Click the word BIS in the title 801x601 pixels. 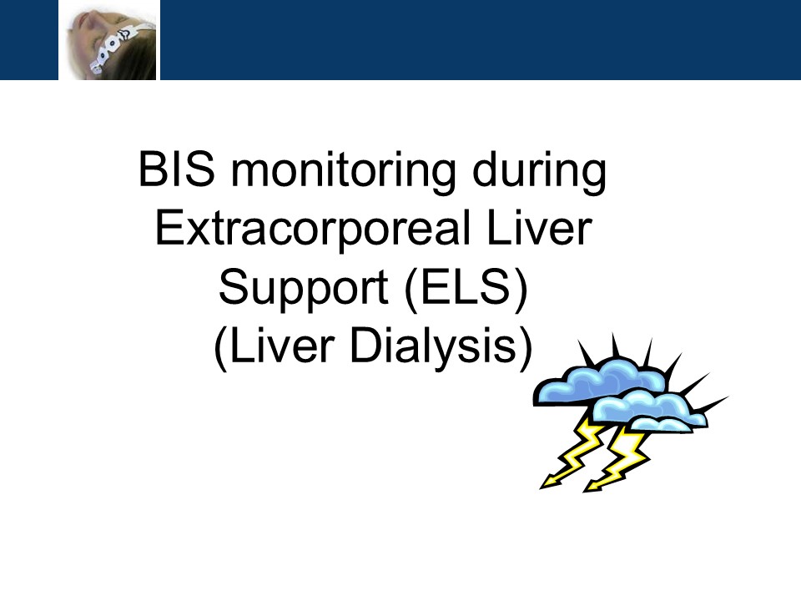click(177, 169)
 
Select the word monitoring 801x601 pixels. click(343, 173)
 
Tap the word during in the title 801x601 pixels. click(540, 173)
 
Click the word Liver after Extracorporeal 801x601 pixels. click(540, 227)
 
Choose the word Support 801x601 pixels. click(304, 290)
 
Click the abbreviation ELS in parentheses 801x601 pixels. click(465, 286)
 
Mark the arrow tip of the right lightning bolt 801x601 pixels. click(586, 491)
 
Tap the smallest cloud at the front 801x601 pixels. click(662, 425)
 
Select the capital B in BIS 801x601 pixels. click(152, 169)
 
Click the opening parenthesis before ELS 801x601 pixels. click(411, 290)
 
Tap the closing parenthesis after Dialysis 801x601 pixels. click(526, 349)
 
